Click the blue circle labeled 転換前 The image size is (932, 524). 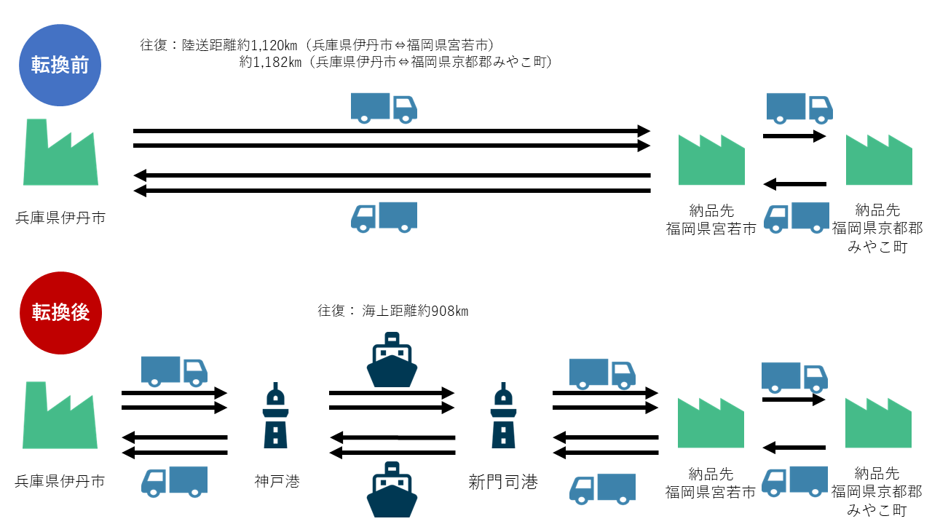pos(60,65)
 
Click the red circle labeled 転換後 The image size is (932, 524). pos(60,313)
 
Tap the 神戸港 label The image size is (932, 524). pos(277,481)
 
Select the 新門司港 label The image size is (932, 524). pos(503,481)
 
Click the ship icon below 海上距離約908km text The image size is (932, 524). pos(392,360)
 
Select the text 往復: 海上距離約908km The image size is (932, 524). pos(392,311)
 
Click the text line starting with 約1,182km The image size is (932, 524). pos(396,63)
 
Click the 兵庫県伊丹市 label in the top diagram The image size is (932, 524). pos(60,218)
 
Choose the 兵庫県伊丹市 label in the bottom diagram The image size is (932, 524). pos(60,481)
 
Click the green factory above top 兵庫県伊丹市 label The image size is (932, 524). pos(60,152)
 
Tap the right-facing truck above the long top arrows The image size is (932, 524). pos(384,107)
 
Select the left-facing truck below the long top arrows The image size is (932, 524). pos(384,217)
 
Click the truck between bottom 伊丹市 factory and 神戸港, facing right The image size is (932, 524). pos(174,371)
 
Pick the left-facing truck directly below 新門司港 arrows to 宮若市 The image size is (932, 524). pos(602,489)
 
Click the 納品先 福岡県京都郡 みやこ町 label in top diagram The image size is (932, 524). pos(877,229)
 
